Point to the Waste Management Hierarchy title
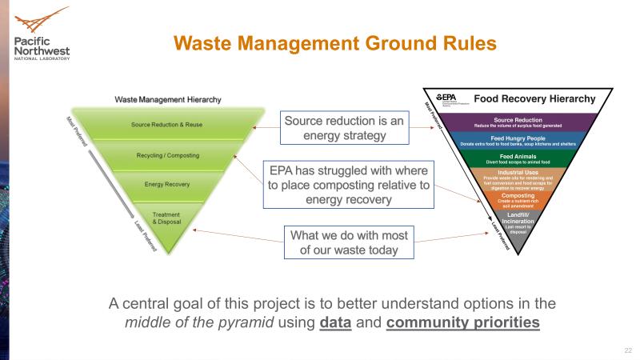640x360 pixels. pos(168,100)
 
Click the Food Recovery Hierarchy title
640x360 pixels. pos(534,100)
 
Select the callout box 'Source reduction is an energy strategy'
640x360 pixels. pos(344,129)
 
